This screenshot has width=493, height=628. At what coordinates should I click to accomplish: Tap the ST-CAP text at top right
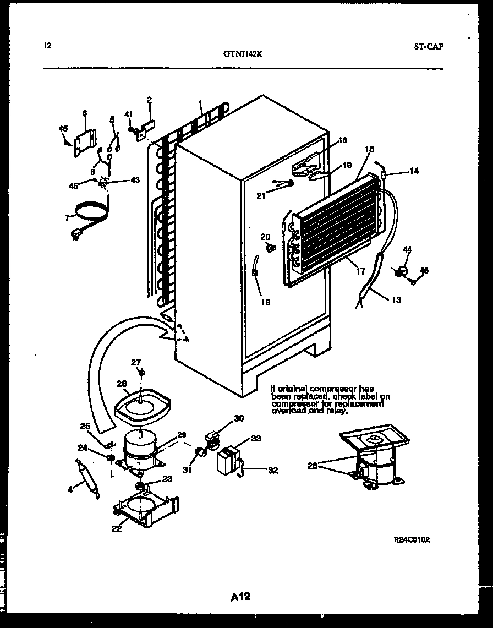(428, 46)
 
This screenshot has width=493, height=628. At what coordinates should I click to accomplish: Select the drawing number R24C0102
(411, 540)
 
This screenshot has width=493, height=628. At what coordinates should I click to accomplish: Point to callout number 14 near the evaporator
(413, 171)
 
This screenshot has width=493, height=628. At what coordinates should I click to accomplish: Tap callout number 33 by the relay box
(255, 439)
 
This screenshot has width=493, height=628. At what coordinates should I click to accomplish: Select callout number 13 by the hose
(396, 300)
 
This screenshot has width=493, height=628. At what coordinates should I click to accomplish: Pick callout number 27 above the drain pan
(136, 362)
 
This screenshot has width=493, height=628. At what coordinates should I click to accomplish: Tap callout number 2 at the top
(149, 100)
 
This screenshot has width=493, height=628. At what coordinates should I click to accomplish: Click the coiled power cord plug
(74, 237)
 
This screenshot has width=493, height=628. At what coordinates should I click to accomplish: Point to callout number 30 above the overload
(238, 418)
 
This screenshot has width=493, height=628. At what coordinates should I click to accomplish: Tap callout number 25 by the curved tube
(85, 425)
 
